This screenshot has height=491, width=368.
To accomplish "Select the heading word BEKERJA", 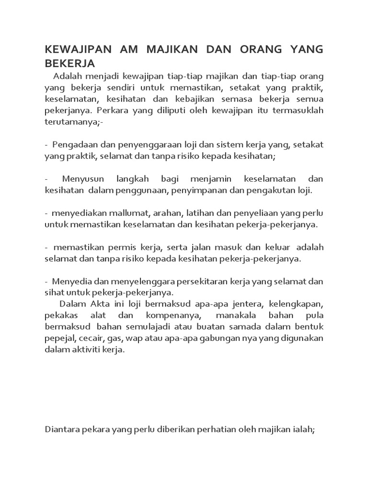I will tap(70, 63).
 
